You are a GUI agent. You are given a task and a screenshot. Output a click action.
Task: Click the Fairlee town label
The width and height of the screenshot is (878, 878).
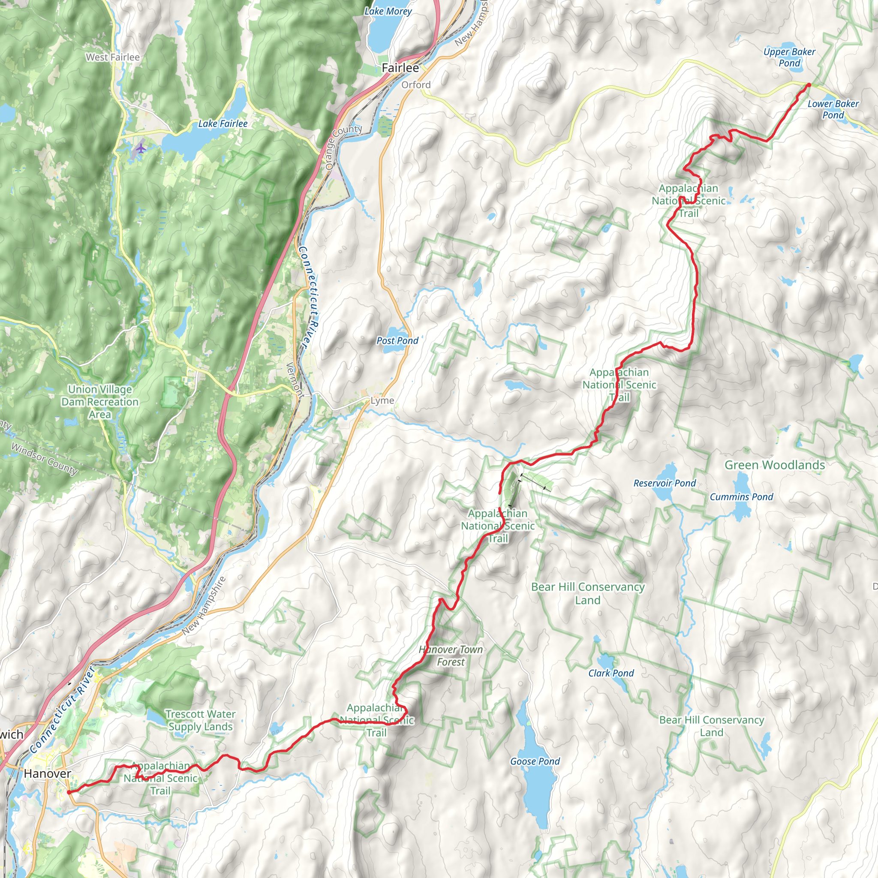(x=400, y=68)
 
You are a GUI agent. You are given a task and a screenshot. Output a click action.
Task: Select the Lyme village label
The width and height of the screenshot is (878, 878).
(x=382, y=400)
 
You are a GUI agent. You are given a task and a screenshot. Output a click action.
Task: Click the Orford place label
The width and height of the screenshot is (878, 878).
(x=416, y=84)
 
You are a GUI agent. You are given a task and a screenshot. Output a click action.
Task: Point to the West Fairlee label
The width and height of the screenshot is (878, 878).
(x=113, y=57)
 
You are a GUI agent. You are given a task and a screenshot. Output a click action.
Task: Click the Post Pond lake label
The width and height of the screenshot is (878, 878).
(x=397, y=340)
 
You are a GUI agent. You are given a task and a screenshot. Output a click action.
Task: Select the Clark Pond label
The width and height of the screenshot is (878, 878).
(x=611, y=673)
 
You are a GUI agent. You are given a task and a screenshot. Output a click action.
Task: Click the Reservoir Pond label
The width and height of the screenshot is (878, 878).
(x=665, y=483)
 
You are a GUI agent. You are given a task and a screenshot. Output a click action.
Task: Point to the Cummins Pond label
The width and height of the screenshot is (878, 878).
(x=741, y=497)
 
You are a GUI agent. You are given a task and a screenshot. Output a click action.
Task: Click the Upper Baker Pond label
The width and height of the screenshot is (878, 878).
(x=789, y=58)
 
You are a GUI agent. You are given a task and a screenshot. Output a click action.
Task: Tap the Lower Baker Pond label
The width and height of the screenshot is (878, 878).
(x=833, y=109)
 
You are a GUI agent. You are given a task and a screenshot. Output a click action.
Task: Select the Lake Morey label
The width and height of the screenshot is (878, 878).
(x=388, y=12)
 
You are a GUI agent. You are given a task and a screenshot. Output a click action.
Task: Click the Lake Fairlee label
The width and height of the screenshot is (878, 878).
(x=223, y=123)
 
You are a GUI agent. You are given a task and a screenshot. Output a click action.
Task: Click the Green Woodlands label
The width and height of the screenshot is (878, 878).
(x=774, y=465)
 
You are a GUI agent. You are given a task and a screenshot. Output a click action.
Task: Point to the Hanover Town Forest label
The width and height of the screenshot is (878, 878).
(x=451, y=656)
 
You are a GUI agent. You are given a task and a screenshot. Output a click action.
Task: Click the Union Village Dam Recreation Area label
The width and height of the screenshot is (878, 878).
(x=100, y=402)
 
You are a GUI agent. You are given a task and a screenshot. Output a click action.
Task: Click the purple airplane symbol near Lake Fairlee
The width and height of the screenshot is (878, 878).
(x=141, y=148)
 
